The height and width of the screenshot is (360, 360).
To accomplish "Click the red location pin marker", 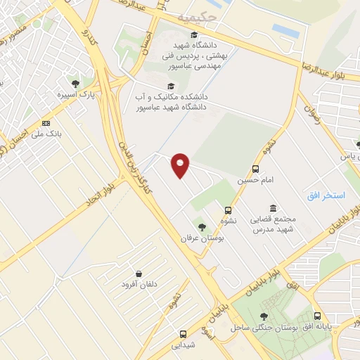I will tap(181, 165).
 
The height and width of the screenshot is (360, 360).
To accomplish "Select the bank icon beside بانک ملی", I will tap(46, 123).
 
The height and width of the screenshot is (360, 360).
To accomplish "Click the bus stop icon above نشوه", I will tap(229, 210).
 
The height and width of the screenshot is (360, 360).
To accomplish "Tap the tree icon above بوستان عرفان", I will tap(202, 227).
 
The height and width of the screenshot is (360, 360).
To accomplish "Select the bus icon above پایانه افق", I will tap(317, 316).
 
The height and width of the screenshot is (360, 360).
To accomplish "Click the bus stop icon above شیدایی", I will tap(184, 334).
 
